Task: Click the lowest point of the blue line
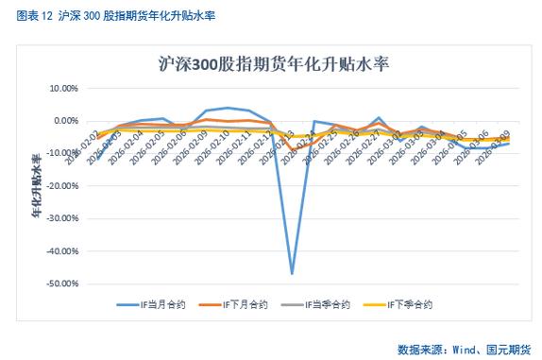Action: point(292,273)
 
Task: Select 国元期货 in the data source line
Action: point(510,348)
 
